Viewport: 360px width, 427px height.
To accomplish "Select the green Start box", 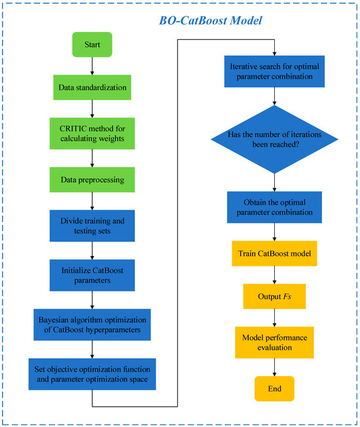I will (92, 46).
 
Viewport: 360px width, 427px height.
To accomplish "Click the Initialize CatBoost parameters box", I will (92, 273).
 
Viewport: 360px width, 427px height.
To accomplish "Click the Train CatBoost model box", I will (275, 252).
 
